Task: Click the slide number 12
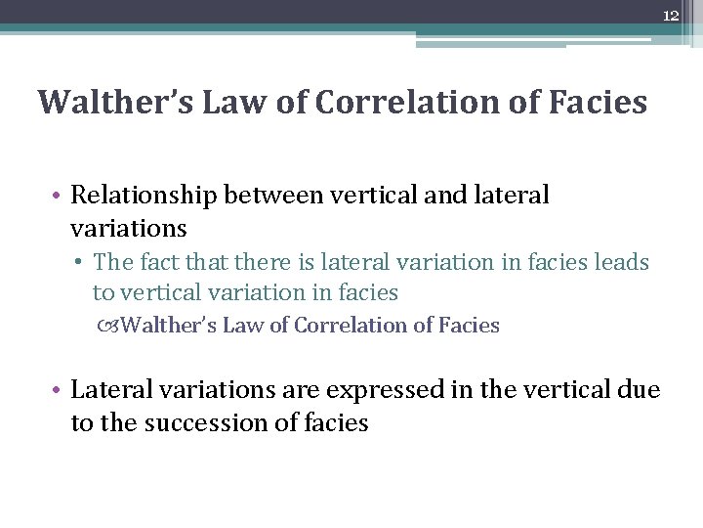[x=670, y=16]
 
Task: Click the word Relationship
[x=144, y=195]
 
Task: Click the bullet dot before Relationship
[x=59, y=196]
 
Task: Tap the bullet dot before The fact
[x=83, y=263]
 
